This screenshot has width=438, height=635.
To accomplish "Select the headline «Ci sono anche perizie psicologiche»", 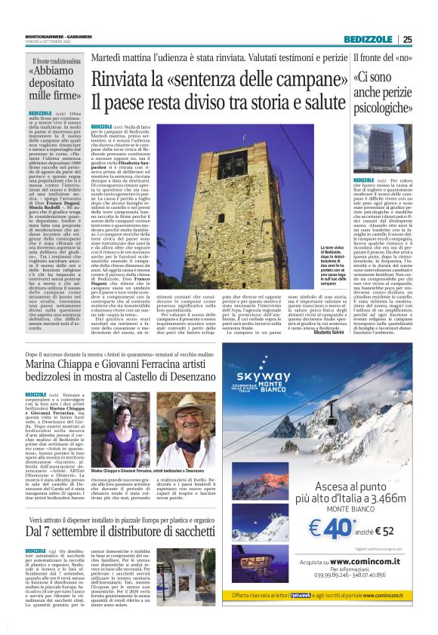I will click(381, 94).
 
